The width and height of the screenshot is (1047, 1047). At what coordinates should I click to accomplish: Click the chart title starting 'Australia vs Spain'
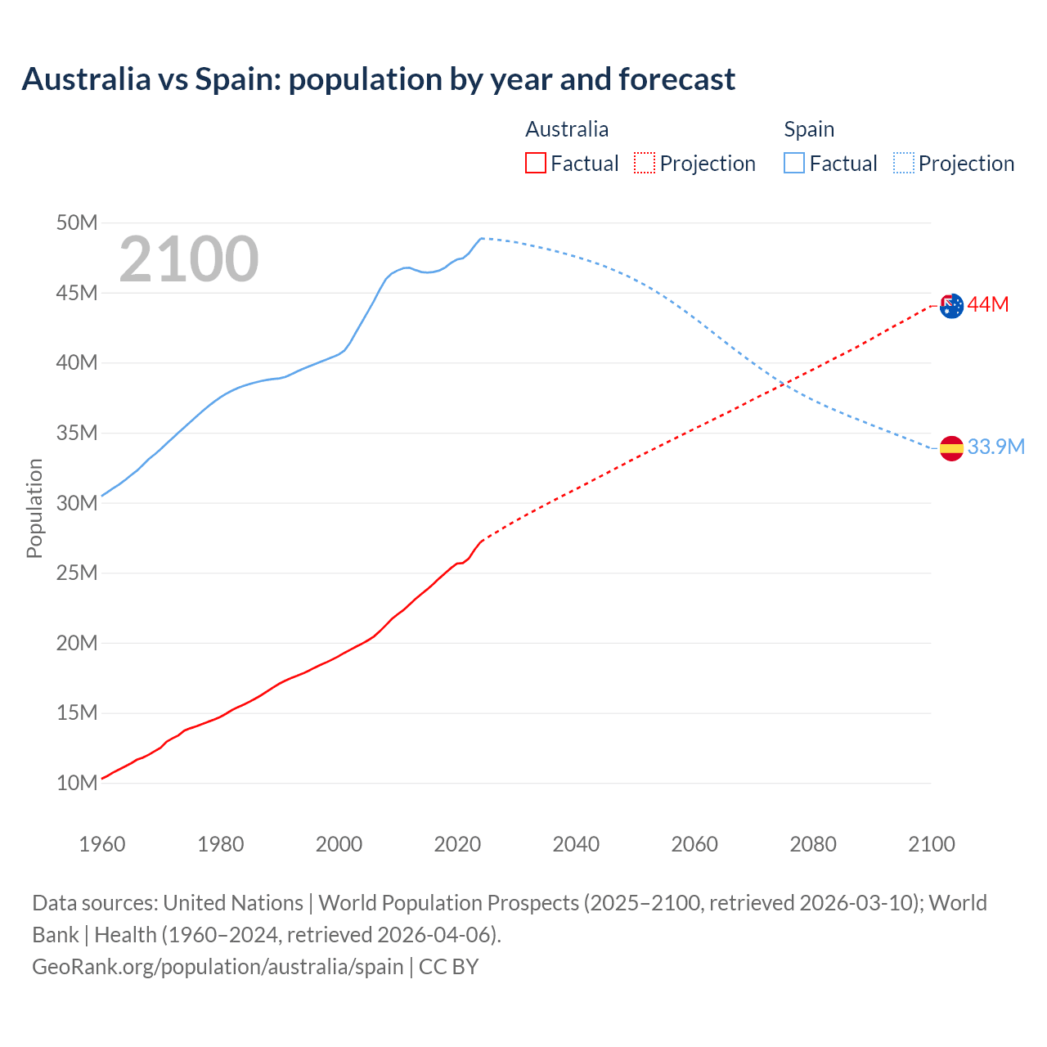coord(378,79)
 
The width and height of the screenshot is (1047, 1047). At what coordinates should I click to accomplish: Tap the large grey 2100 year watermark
coord(189,259)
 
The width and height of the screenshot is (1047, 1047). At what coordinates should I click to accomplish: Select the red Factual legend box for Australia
coord(535,163)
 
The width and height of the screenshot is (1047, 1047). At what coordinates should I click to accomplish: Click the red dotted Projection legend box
coord(645,163)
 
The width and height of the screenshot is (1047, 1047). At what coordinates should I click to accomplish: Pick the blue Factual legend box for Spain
coord(794,163)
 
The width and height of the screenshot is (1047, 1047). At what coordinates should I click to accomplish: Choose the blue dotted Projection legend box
coord(904,163)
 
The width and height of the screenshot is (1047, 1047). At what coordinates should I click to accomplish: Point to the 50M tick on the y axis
coord(77,222)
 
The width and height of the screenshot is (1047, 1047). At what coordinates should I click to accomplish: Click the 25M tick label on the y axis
coord(77,573)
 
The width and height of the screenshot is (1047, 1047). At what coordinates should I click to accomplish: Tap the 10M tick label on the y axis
coord(77,783)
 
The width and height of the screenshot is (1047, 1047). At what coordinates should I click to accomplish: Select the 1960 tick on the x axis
coord(102,844)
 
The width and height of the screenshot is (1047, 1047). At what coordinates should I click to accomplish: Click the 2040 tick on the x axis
coord(576,844)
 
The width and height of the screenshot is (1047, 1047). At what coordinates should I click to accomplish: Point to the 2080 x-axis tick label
coord(813,844)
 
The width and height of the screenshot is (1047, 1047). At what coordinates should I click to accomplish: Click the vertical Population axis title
coord(34,508)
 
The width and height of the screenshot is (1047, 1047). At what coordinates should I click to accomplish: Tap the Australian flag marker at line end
coord(951,306)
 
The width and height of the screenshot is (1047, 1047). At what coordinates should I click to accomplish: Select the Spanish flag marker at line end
coord(951,448)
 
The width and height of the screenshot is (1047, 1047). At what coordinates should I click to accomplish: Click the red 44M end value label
coord(988,305)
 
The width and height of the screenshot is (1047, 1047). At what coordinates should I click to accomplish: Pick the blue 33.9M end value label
coord(995,447)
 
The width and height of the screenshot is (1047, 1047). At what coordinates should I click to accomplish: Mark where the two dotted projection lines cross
coord(783,384)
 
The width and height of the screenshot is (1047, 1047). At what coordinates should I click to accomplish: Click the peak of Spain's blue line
coord(481,238)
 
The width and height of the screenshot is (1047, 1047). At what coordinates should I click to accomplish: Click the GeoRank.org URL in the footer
coord(218,967)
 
